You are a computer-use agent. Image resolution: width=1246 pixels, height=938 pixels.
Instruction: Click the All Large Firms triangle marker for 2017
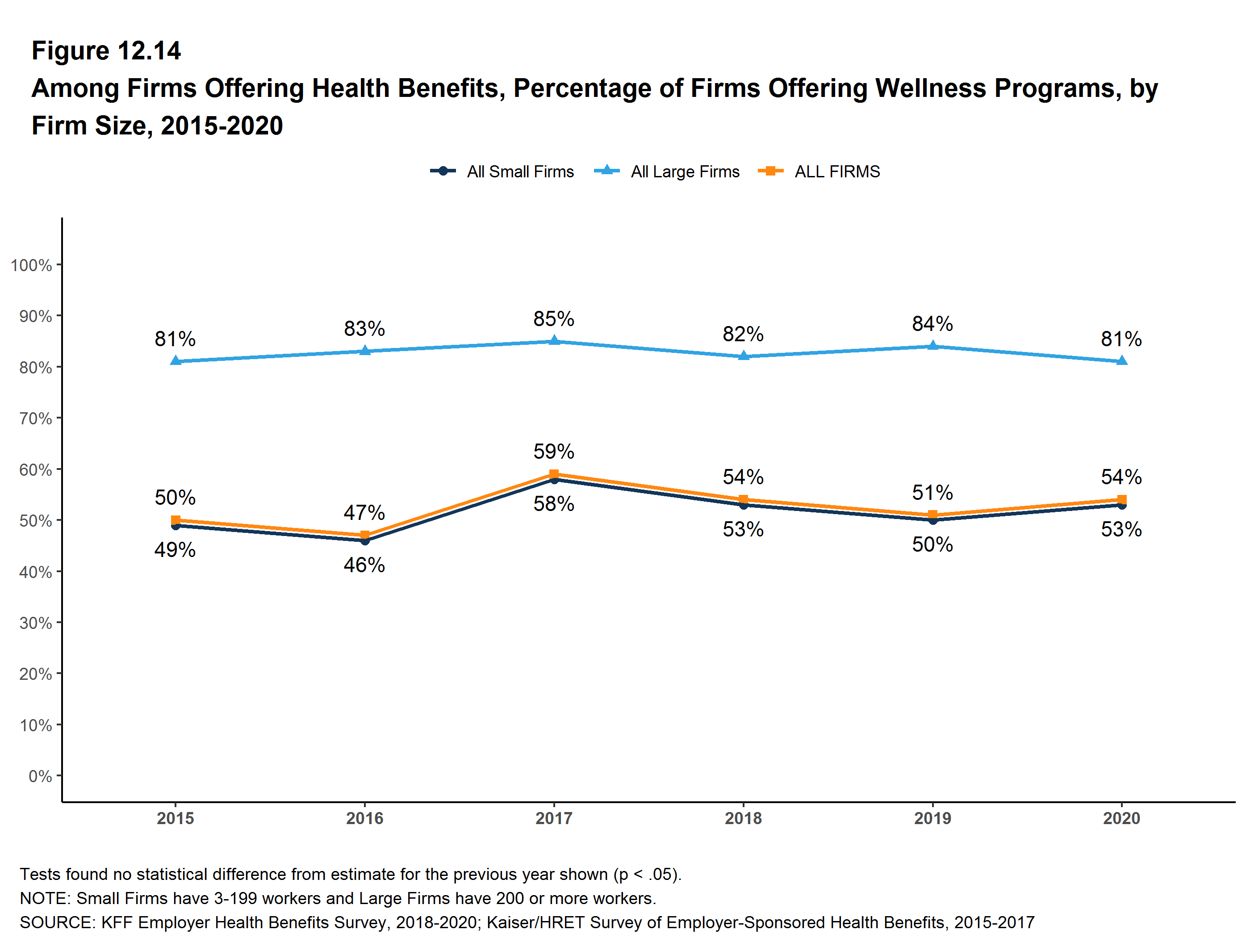click(x=554, y=340)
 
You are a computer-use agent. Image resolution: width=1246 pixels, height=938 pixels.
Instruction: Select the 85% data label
click(x=554, y=319)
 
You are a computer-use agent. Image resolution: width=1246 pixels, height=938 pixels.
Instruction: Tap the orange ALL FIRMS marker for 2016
click(x=364, y=535)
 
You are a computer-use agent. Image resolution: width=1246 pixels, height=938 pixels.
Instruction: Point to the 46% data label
click(x=364, y=565)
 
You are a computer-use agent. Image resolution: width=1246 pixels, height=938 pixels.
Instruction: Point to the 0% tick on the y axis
click(x=40, y=776)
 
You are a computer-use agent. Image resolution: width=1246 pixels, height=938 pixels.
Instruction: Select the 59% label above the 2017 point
click(x=554, y=451)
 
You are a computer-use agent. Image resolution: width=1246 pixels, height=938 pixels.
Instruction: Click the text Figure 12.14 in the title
click(x=106, y=51)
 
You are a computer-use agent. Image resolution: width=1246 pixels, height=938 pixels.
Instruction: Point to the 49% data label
click(x=175, y=549)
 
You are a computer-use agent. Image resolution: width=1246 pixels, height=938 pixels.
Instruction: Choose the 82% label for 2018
click(x=743, y=334)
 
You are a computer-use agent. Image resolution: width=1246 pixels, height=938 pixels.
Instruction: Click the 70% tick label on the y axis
click(x=35, y=418)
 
